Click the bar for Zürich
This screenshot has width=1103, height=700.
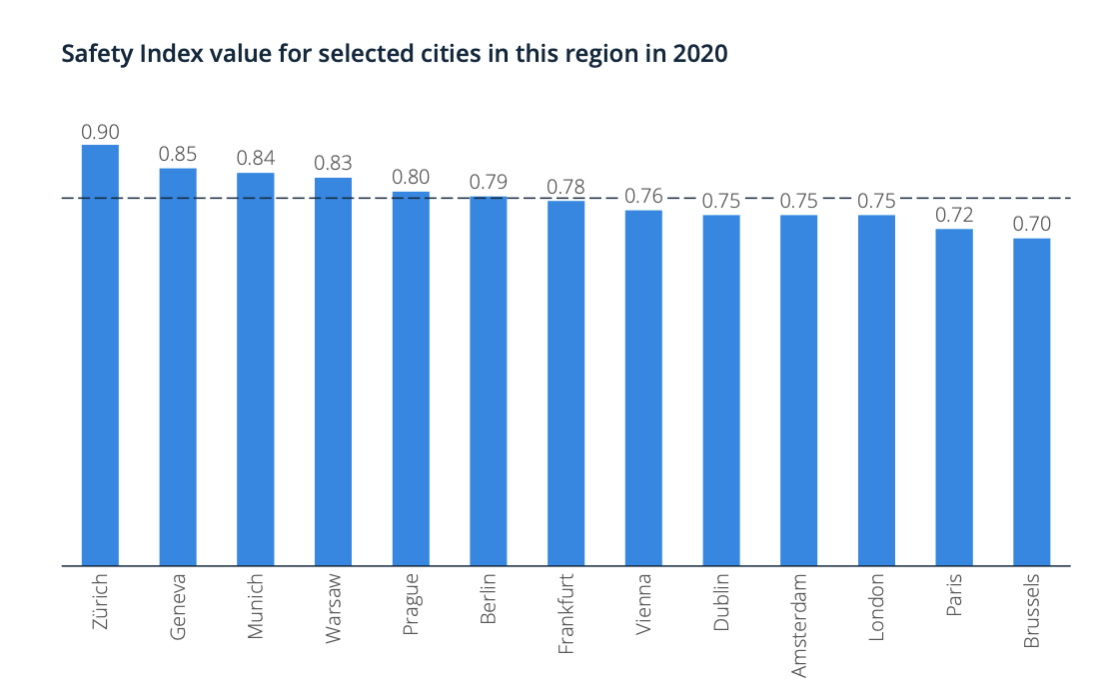[100, 354]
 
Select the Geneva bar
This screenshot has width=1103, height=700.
[178, 366]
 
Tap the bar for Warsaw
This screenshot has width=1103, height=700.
[333, 371]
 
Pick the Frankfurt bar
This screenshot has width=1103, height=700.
[565, 383]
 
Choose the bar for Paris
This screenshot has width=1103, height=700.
[954, 397]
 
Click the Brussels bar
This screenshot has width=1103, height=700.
[1031, 401]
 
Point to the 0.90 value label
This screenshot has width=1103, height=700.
[100, 132]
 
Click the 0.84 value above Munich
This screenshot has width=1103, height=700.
[256, 159]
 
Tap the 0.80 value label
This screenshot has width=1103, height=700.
[411, 178]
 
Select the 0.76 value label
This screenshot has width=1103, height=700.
[643, 196]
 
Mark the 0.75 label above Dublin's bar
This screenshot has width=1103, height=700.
[721, 201]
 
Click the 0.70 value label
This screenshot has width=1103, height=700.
[1032, 225]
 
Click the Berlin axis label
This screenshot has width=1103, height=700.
[489, 598]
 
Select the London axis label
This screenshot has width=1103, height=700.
[876, 606]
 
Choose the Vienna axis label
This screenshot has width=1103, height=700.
[643, 602]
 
